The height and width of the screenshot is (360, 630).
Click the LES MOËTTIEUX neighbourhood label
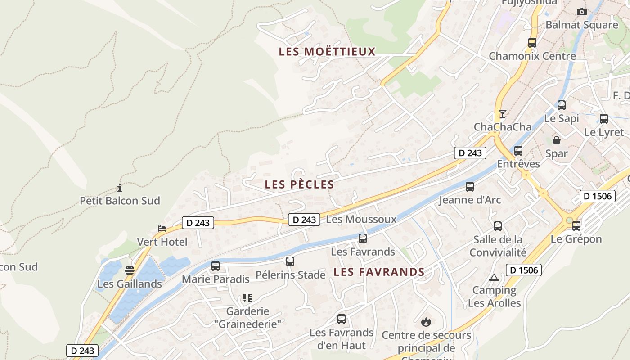pos(327,51)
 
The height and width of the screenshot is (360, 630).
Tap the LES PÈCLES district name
pos(300,184)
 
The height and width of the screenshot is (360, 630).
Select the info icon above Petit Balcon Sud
pos(120,188)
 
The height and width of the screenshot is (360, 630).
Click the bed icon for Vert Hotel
pos(162,229)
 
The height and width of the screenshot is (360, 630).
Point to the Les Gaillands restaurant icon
pos(130,270)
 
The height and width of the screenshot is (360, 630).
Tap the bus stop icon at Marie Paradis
pos(216,266)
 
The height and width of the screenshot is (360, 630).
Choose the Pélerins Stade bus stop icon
pos(290,261)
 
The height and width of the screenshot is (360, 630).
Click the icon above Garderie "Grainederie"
pos(247,297)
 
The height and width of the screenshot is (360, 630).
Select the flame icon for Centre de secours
pos(426,322)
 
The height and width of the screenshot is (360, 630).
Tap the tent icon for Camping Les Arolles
pos(494,277)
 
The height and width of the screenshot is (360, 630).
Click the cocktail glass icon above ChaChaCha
pos(503,113)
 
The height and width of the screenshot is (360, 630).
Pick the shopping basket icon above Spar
pos(557,140)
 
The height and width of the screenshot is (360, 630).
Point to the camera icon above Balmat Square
pos(582,12)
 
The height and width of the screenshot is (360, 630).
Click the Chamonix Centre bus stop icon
pos(532,43)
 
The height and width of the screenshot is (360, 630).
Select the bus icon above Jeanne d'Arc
pos(470,186)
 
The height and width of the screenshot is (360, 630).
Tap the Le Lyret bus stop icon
pos(604,119)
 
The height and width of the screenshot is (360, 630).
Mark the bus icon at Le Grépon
pos(576,225)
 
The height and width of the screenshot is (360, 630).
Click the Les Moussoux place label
pos(361,219)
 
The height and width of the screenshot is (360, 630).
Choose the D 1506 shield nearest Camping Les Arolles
pos(524,270)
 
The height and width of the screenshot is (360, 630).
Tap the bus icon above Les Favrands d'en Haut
pos(342,319)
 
